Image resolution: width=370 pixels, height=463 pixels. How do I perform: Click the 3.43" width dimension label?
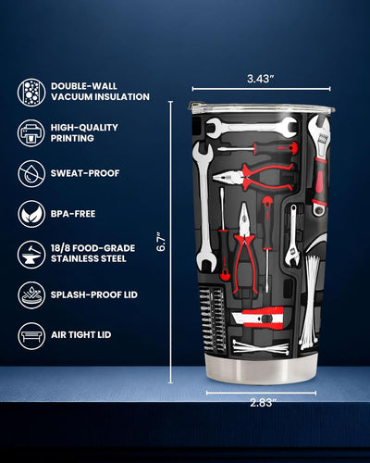[261, 79]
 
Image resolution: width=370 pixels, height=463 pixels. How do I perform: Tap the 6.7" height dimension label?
[161, 242]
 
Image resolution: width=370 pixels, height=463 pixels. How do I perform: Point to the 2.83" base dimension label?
[262, 403]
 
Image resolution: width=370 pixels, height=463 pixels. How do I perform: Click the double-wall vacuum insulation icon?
[31, 93]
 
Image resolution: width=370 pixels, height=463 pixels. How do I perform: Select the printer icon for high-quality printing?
[31, 133]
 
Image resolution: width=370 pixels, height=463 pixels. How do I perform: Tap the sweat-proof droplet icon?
[31, 173]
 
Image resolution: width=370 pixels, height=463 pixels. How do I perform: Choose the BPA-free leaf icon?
[31, 214]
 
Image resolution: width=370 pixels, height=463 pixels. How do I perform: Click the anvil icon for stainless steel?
[31, 254]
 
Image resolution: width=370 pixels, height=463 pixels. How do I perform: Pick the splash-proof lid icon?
[31, 294]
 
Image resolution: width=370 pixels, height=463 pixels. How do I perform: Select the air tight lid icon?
[31, 335]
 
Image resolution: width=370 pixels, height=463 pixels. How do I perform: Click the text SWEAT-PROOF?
[85, 173]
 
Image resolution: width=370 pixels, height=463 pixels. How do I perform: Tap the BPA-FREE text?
[73, 214]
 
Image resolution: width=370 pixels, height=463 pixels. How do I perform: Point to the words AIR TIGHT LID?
[81, 335]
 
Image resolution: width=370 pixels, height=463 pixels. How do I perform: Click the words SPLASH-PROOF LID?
[94, 294]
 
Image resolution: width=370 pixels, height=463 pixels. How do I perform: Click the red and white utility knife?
[258, 318]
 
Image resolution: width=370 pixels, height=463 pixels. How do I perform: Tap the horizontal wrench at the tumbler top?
[252, 127]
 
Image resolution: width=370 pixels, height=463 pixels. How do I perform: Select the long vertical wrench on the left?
[204, 206]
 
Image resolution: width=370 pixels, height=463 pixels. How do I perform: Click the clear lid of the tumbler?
[261, 107]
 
